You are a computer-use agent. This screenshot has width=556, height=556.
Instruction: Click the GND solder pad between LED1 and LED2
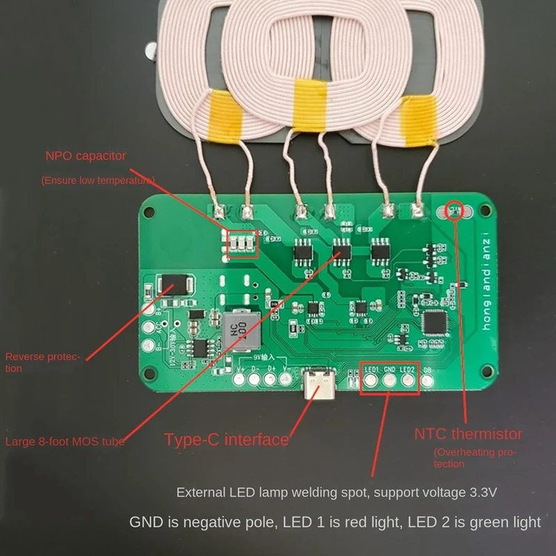(x=390, y=379)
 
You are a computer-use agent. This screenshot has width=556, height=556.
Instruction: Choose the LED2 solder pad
(x=408, y=379)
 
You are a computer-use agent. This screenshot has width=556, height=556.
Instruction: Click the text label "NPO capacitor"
(x=85, y=156)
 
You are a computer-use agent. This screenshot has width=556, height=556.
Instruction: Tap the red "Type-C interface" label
(x=226, y=439)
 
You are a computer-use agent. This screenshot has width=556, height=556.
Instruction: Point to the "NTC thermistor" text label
(x=468, y=434)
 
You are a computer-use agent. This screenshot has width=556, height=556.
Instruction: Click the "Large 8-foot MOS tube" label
(x=66, y=441)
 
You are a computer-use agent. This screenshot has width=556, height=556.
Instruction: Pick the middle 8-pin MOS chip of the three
(x=341, y=250)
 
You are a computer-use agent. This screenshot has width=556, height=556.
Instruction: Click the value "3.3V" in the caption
(x=478, y=493)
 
